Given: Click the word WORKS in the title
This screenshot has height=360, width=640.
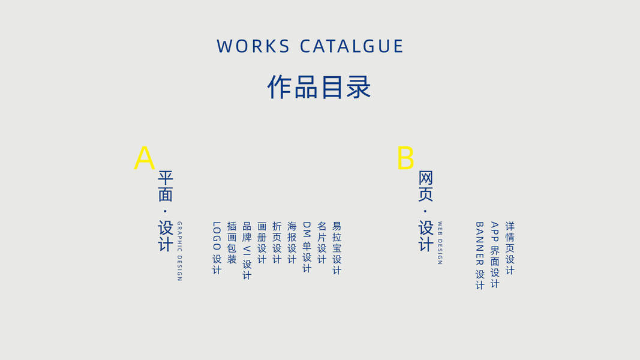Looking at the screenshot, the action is (x=253, y=46).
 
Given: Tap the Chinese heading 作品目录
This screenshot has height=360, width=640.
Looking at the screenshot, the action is (x=319, y=88).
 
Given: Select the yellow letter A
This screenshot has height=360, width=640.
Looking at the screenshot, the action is (x=144, y=158).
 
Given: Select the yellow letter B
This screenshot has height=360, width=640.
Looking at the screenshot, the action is (x=405, y=158).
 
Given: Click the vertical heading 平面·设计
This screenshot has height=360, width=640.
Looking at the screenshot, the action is (x=166, y=211).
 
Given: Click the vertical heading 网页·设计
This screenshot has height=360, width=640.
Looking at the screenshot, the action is (x=426, y=211).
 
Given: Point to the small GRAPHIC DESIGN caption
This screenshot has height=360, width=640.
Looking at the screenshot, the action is (x=179, y=251).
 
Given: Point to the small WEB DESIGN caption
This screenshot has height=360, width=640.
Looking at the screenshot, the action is (x=440, y=243).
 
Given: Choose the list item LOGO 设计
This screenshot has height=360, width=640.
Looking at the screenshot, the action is (x=217, y=248).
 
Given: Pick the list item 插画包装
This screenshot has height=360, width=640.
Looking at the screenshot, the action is (x=232, y=243).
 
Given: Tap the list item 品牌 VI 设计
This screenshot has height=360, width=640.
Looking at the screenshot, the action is (x=247, y=250).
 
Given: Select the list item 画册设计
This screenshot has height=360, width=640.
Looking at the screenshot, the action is (x=262, y=243).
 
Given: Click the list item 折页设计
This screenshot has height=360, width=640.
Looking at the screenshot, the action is (x=277, y=243).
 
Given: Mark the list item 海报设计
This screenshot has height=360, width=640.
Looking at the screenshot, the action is (x=292, y=243).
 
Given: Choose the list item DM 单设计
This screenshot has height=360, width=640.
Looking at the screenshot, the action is (x=307, y=247).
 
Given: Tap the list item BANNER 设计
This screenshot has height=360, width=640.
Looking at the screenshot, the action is (x=480, y=256).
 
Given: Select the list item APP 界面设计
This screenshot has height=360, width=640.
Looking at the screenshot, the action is (x=495, y=254).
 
